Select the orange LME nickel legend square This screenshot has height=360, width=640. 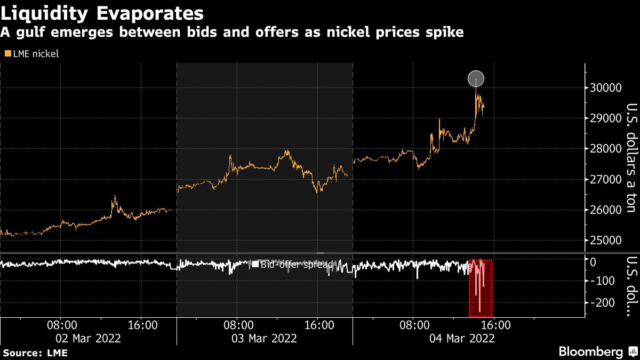pos(7,54)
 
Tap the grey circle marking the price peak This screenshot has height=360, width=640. pos(476,79)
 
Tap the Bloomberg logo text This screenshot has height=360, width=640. pos(590,351)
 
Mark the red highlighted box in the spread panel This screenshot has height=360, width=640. pos(481,288)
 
